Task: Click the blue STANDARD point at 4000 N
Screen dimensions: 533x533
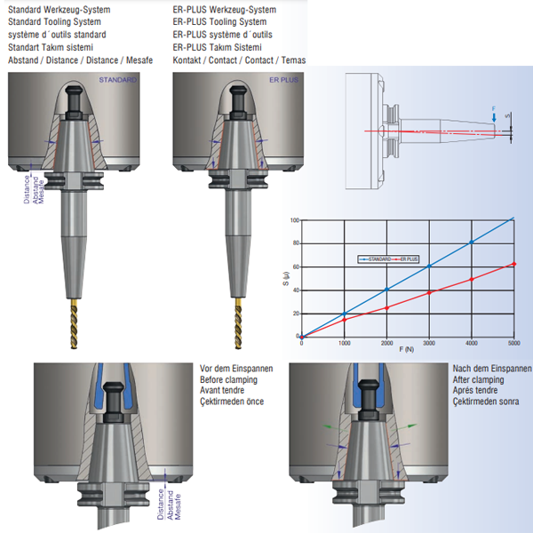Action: click(471, 242)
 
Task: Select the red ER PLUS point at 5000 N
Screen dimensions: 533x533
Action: click(513, 264)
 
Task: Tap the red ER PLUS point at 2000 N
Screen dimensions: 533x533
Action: click(386, 307)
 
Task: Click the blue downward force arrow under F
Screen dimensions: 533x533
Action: click(494, 116)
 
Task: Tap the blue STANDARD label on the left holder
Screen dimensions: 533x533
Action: click(118, 80)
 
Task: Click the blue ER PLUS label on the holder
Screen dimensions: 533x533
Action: click(284, 80)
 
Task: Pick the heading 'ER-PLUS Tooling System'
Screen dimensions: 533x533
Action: click(219, 21)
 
